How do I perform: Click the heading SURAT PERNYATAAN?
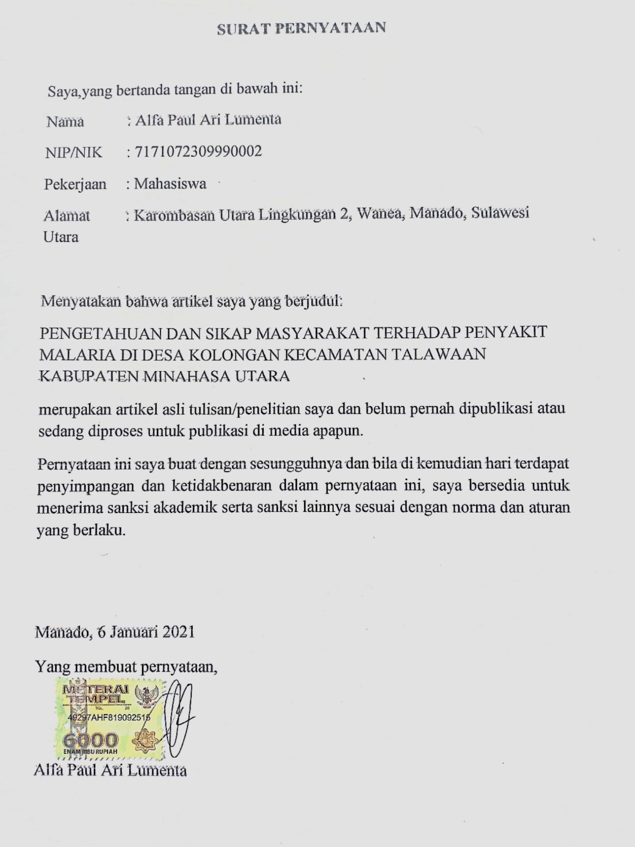point(301,29)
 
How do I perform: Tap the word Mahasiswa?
point(170,184)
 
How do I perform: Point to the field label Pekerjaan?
point(75,185)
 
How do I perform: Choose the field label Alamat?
point(67,216)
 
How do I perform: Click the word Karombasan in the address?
point(174,216)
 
